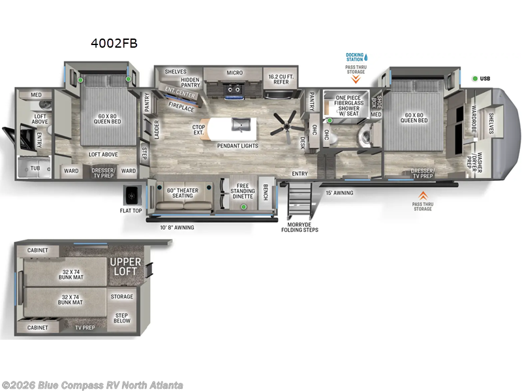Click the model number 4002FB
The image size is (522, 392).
click(114, 43)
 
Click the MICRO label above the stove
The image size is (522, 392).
click(235, 73)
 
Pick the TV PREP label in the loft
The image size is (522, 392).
click(85, 327)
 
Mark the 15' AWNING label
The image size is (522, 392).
click(339, 193)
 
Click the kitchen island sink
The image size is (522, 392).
click(242, 124)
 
